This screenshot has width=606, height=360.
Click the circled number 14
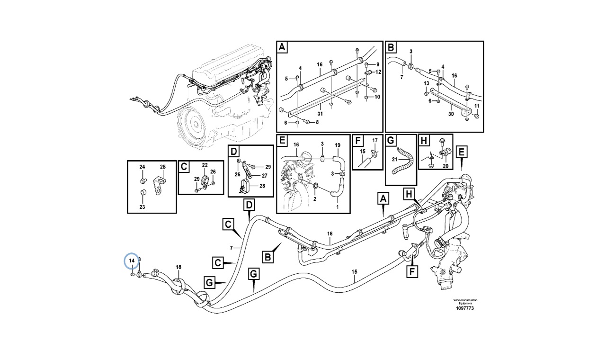(132, 261)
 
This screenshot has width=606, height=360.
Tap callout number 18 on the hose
(178, 267)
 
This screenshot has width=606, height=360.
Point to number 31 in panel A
(320, 113)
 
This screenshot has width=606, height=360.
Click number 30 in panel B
(451, 114)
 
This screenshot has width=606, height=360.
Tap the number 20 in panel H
(445, 166)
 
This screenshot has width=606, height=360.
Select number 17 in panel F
(374, 140)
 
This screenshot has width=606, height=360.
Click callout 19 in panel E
(338, 144)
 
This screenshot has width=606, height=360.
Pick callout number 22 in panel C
(205, 165)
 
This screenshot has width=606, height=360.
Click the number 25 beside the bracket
(162, 167)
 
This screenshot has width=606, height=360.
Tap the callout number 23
(143, 207)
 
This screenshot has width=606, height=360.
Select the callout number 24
(143, 167)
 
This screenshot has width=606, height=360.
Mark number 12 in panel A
(378, 72)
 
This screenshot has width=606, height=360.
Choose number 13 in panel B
(426, 83)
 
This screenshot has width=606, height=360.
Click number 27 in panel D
(264, 175)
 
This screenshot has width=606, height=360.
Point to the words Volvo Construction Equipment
(465, 301)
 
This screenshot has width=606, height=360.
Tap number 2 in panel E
(314, 199)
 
